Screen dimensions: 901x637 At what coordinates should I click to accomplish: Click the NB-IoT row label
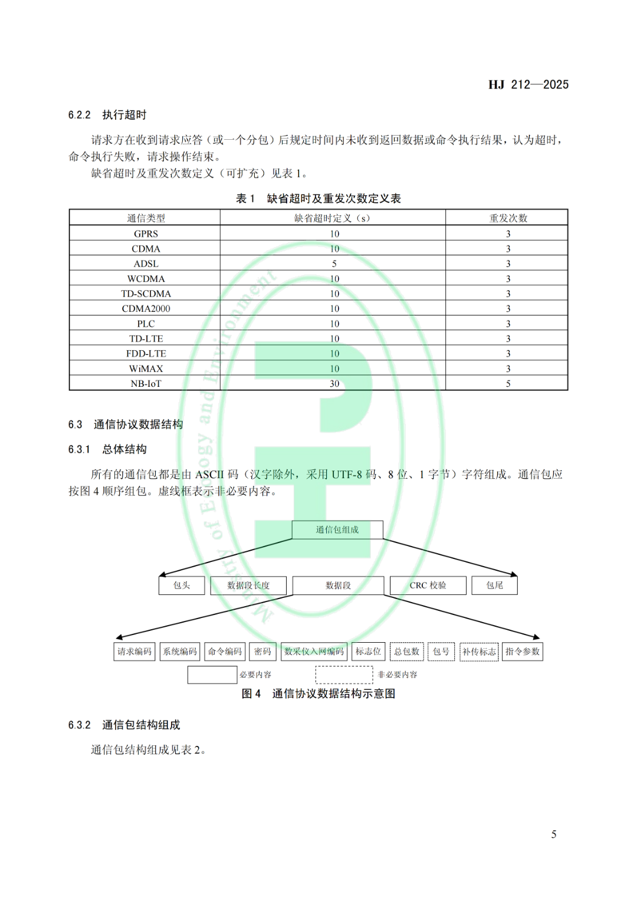[x=146, y=383]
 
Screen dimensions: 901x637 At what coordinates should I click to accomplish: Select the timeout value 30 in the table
[x=334, y=383]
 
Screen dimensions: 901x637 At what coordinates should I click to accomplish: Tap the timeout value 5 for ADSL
[x=334, y=264]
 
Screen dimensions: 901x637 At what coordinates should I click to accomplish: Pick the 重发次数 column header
[x=508, y=218]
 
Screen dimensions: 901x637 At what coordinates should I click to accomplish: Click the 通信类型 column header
[x=146, y=218]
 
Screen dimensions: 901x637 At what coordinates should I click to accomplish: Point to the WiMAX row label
[x=146, y=369]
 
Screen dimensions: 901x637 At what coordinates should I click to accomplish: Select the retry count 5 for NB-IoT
[x=508, y=383]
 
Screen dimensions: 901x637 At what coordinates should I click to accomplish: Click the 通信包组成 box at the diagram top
[x=337, y=530]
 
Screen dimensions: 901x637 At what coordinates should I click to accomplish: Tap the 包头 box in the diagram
[x=182, y=586]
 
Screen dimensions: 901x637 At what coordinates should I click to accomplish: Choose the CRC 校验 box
[x=428, y=586]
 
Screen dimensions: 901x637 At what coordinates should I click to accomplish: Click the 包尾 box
[x=494, y=586]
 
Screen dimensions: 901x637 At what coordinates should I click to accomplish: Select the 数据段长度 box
[x=248, y=586]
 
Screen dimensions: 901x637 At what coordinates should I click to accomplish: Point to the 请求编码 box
[x=134, y=652]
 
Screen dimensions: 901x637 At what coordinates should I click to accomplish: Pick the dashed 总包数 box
[x=407, y=652]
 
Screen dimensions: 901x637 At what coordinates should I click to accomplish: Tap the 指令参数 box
[x=523, y=652]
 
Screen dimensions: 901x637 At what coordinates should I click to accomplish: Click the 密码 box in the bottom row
[x=262, y=652]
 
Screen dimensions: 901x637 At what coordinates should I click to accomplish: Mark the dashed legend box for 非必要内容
[x=344, y=675]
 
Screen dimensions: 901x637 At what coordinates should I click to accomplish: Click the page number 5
[x=554, y=834]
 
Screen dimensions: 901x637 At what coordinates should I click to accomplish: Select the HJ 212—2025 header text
[x=528, y=85]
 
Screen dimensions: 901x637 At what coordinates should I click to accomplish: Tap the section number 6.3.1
[x=79, y=449]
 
